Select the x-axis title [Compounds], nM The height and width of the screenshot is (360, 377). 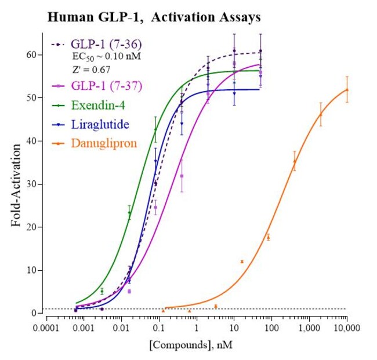(197, 345)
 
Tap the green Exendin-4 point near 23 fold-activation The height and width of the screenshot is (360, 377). (129, 213)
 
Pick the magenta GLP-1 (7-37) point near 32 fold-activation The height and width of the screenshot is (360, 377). (182, 176)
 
